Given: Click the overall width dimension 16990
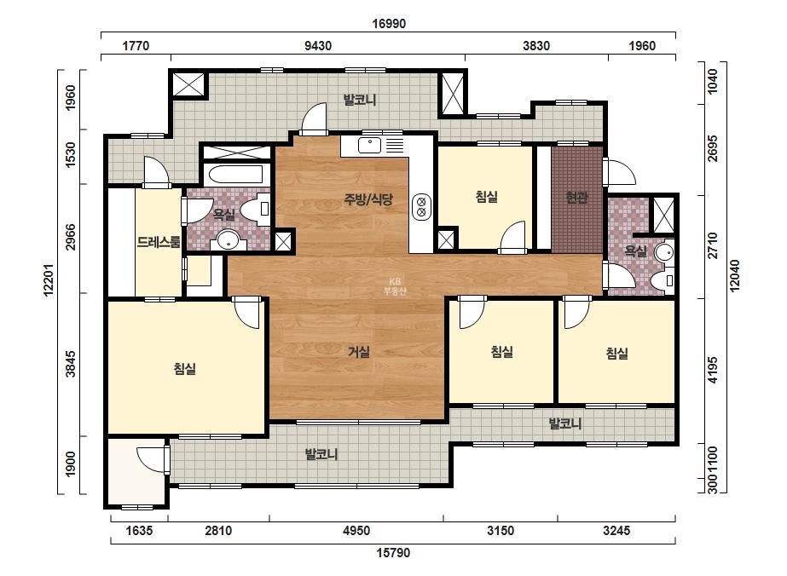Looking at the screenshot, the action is pyautogui.click(x=389, y=24).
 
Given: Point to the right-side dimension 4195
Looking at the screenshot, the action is pyautogui.click(x=713, y=370).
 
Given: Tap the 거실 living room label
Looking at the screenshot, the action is pyautogui.click(x=359, y=352).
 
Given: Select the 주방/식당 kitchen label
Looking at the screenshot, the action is pyautogui.click(x=367, y=199).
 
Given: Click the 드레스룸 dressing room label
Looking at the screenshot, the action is pyautogui.click(x=158, y=242).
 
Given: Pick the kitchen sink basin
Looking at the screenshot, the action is pyautogui.click(x=369, y=146).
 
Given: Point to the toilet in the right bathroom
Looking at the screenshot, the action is pyautogui.click(x=663, y=279).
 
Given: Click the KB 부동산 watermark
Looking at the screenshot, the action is pyautogui.click(x=394, y=286).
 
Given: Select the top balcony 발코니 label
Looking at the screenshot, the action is pyautogui.click(x=359, y=100).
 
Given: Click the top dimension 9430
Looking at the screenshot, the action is pyautogui.click(x=318, y=46).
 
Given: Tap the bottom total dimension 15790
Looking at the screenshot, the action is pyautogui.click(x=394, y=552).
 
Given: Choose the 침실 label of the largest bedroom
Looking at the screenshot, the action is pyautogui.click(x=185, y=369).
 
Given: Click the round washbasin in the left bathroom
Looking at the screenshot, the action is pyautogui.click(x=229, y=239).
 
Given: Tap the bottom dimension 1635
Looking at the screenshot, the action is pyautogui.click(x=138, y=530).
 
